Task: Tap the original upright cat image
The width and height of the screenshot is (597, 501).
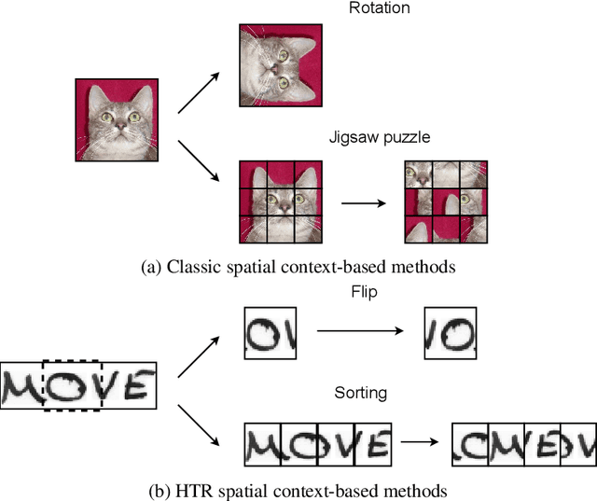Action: (x=116, y=119)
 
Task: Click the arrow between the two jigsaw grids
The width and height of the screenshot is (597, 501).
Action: (x=363, y=201)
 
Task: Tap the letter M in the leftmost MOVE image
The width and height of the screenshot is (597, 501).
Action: (x=21, y=385)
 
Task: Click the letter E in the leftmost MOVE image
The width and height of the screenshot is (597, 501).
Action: (x=135, y=384)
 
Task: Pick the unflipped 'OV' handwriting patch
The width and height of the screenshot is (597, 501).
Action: (x=270, y=333)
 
